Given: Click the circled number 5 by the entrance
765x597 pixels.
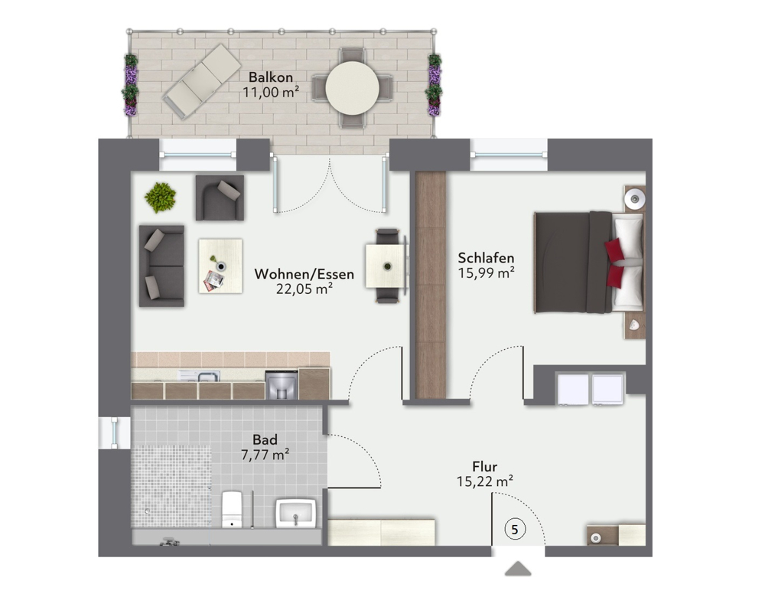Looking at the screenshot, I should pos(515,529).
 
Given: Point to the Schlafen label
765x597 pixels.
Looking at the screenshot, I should pos(486,258).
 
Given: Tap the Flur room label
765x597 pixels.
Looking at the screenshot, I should pos(485,466).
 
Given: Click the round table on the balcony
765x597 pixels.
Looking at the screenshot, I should pos(352,88).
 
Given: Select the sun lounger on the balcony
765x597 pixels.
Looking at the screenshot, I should pos(200,79).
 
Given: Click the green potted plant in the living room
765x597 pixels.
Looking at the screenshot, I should pos(161,197).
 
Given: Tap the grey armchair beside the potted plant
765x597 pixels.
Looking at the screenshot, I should pos(220,197).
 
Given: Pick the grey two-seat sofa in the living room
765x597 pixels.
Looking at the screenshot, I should pos(161,265).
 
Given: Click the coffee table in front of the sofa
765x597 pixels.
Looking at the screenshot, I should pos(220,265).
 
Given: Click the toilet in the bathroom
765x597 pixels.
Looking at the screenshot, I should pos(232,509).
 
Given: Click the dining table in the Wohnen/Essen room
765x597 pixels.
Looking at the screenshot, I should pos(386,266).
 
